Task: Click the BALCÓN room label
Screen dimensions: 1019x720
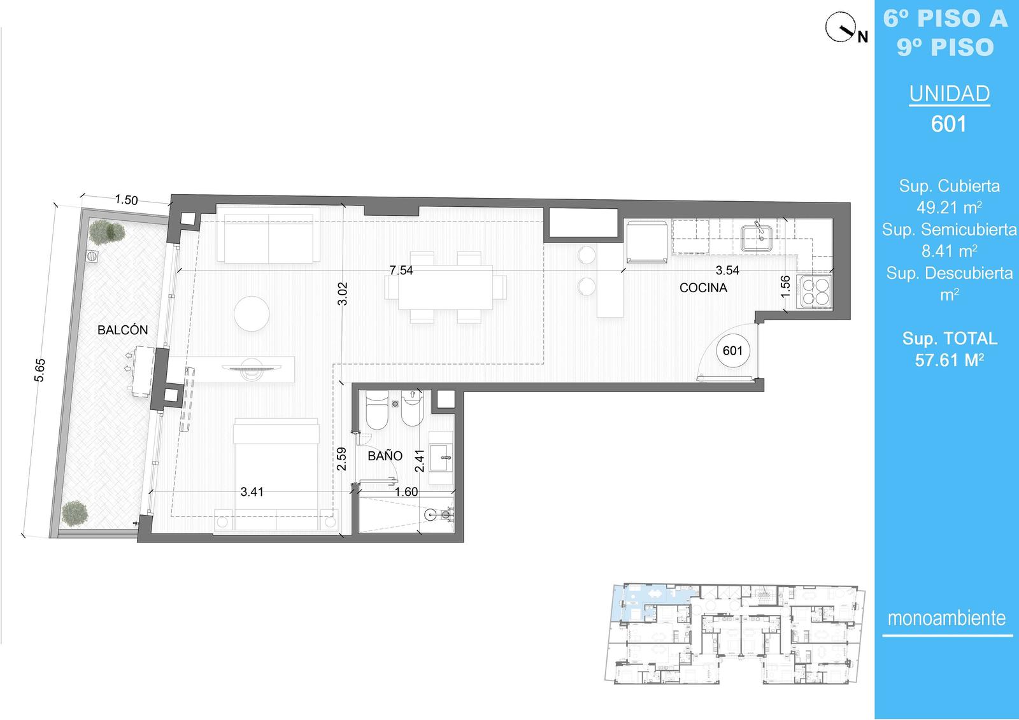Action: [x=123, y=330]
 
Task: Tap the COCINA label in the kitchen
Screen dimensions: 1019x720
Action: [x=703, y=288]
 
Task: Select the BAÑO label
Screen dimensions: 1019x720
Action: [x=385, y=456]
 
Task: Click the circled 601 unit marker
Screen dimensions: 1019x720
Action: [x=732, y=351]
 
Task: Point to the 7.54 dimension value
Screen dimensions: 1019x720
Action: [x=401, y=270]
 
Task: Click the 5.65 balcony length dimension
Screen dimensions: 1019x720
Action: [x=39, y=371]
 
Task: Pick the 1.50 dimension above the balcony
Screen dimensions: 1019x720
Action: [x=126, y=200]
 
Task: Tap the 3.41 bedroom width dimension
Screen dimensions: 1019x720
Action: [x=252, y=491]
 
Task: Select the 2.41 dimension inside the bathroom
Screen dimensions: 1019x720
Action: [x=420, y=461]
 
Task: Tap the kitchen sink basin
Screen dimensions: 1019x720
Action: [x=757, y=238]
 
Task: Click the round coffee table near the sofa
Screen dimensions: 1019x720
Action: [x=252, y=313]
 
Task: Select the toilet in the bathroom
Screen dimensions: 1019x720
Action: [x=377, y=410]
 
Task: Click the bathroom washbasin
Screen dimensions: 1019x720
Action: [x=441, y=458]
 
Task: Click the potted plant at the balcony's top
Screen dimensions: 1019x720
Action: [x=106, y=232]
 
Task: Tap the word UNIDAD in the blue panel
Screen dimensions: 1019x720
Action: [x=950, y=94]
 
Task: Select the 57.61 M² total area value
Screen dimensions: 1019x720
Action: [x=950, y=360]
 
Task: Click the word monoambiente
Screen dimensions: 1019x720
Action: [x=946, y=618]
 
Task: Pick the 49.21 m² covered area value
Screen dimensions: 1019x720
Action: [x=950, y=208]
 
